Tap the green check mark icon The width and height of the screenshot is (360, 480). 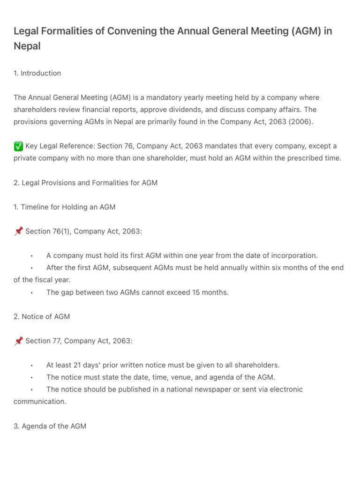(18, 146)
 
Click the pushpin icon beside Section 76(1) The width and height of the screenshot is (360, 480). (18, 231)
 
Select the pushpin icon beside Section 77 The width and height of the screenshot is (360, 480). (18, 341)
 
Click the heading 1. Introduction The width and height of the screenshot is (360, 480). (37, 73)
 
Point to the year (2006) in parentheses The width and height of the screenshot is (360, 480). (300, 122)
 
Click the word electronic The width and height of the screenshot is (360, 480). (285, 390)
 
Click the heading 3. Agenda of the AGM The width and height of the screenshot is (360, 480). (50, 426)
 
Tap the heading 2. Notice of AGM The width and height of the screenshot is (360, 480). (42, 316)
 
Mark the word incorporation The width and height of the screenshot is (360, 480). (295, 255)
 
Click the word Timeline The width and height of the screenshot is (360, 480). (37, 207)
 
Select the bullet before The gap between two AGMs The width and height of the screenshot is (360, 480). (31, 292)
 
